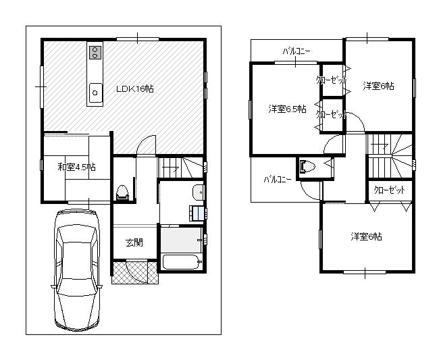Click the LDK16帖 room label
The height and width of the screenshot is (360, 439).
[x=135, y=88]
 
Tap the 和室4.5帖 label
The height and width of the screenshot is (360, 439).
[x=76, y=167]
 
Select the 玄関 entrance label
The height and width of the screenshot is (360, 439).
[x=133, y=242]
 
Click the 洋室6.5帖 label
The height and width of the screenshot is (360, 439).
[x=286, y=109]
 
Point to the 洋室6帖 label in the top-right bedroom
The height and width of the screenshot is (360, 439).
[x=378, y=86]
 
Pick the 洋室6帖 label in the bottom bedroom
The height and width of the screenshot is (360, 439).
[x=366, y=236]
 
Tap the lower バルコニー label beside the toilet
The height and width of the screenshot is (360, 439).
[x=278, y=179]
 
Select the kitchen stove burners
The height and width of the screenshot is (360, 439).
[x=95, y=52]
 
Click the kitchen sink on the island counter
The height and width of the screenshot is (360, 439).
[x=95, y=91]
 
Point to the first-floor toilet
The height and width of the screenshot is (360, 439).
[x=122, y=192]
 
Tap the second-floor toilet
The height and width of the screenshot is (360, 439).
[x=309, y=166]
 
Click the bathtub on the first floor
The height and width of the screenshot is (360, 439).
[x=181, y=262]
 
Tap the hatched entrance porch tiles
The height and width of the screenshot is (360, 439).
[x=128, y=272]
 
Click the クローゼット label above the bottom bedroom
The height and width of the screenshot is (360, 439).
[x=390, y=190]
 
